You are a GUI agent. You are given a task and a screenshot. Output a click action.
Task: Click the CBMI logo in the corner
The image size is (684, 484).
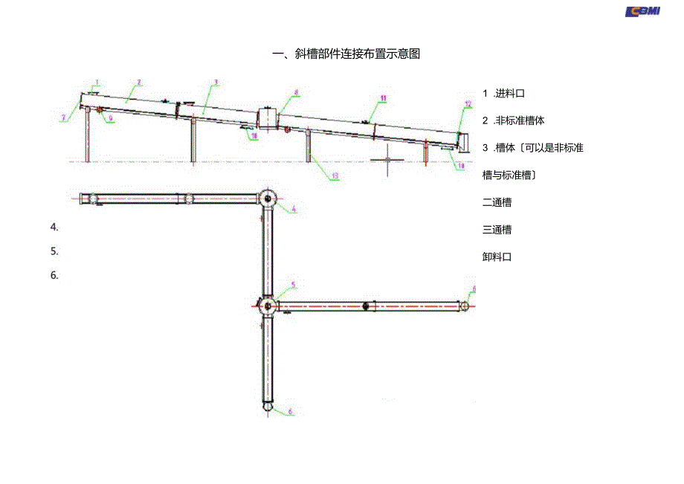pos(643,10)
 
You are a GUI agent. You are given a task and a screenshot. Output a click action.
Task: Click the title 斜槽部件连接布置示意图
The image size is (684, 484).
pos(346,54)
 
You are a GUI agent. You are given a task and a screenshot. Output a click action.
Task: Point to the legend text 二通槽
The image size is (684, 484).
pos(497,202)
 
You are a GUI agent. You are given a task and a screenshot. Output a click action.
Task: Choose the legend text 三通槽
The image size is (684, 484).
pos(497,230)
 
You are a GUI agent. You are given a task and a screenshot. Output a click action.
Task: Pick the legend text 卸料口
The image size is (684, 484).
pos(497,257)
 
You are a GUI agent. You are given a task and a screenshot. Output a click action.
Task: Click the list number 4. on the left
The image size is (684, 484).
pos(54,227)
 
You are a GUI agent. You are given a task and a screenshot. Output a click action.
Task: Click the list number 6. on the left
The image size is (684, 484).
pos(54,275)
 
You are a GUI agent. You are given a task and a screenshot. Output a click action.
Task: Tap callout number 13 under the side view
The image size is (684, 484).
pos(335,176)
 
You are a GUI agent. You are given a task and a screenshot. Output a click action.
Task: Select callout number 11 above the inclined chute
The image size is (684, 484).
pos(383,97)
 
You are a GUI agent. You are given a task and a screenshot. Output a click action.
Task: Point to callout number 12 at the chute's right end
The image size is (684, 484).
pos(468,103)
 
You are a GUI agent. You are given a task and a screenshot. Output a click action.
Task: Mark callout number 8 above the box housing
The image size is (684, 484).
pos(296,93)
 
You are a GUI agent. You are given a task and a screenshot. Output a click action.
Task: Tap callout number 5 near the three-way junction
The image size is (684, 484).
pos(293,285)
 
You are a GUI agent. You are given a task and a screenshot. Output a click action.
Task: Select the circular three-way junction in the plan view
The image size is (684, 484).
pos(268,305)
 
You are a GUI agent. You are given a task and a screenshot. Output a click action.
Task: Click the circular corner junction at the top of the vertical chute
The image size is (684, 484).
pos(268,199)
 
